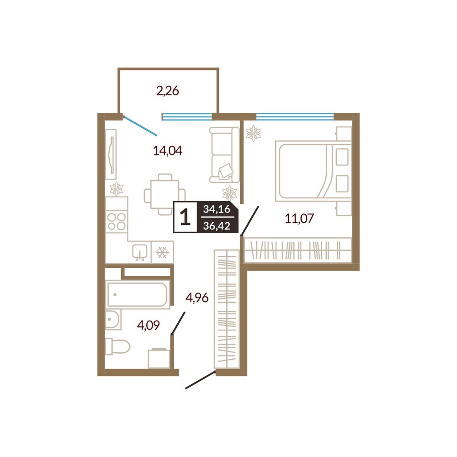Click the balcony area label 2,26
tap(168, 91)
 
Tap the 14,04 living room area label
tap(168, 151)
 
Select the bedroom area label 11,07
tap(299, 218)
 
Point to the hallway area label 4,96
tap(197, 298)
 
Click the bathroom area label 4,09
tap(149, 325)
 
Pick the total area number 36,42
tap(217, 226)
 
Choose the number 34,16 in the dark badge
tap(217, 209)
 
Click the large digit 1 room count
tap(186, 218)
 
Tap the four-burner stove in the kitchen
tap(117, 221)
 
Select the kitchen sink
tap(140, 252)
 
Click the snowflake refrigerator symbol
tap(162, 252)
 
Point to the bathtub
tap(137, 294)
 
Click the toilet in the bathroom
tap(117, 346)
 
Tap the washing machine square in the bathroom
tap(159, 358)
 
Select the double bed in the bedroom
tap(314, 171)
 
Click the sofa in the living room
tap(224, 155)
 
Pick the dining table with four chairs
tap(165, 194)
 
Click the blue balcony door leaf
tap(140, 126)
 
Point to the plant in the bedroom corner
tap(253, 133)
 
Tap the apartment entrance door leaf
tap(201, 380)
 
